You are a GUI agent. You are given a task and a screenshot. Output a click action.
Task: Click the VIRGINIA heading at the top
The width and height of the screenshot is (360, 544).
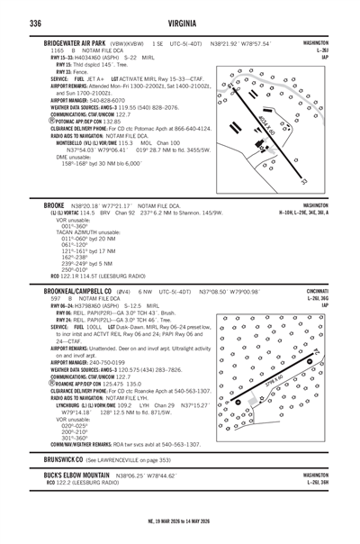pos(180,22)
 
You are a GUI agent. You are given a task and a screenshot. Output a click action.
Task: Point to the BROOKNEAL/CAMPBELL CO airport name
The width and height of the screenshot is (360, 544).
pos(86,293)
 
